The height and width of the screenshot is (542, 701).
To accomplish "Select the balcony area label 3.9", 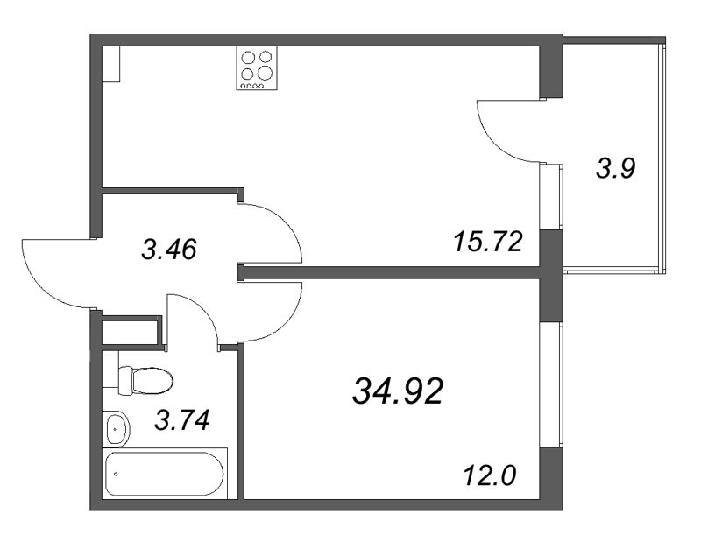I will [x=615, y=168].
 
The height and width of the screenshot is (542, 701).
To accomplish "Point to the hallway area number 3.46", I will [x=169, y=250].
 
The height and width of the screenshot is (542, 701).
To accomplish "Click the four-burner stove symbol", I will [x=254, y=67].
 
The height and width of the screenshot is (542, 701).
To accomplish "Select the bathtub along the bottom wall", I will [x=165, y=474].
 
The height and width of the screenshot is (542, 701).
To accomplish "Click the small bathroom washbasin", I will [x=117, y=429].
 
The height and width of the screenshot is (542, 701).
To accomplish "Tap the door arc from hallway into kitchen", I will [x=276, y=229].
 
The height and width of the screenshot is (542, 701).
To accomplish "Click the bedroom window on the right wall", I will [x=551, y=384].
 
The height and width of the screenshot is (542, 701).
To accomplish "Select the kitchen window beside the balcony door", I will [x=551, y=196].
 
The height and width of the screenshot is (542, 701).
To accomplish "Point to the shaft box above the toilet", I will [x=131, y=334].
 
